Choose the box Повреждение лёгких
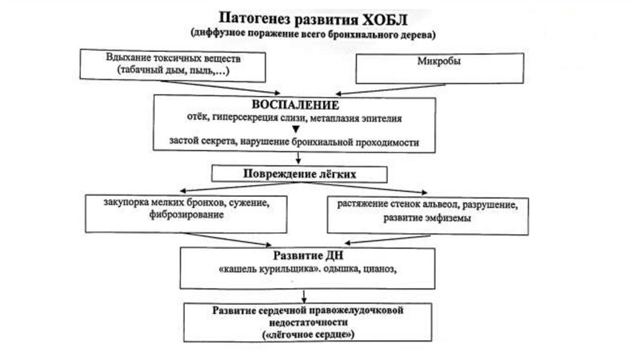[298, 174]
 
